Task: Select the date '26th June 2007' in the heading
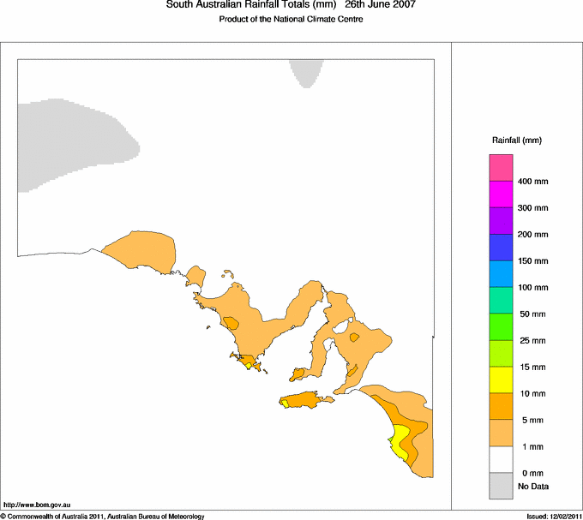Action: pyautogui.click(x=382, y=5)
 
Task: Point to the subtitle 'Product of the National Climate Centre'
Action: pyautogui.click(x=291, y=20)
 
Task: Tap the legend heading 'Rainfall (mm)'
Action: pyautogui.click(x=517, y=140)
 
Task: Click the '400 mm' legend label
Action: pyautogui.click(x=533, y=182)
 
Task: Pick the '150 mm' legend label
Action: pyautogui.click(x=533, y=260)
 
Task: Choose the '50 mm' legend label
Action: pyautogui.click(x=531, y=314)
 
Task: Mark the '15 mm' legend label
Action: pyautogui.click(x=531, y=367)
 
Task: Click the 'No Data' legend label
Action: pyautogui.click(x=533, y=487)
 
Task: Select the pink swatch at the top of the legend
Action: pyautogui.click(x=501, y=167)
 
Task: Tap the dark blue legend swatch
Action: pyautogui.click(x=501, y=247)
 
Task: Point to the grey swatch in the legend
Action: pyautogui.click(x=501, y=486)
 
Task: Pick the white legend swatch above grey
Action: pyautogui.click(x=501, y=459)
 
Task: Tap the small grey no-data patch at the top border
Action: pyautogui.click(x=305, y=71)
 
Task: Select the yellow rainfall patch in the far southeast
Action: pyautogui.click(x=400, y=439)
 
